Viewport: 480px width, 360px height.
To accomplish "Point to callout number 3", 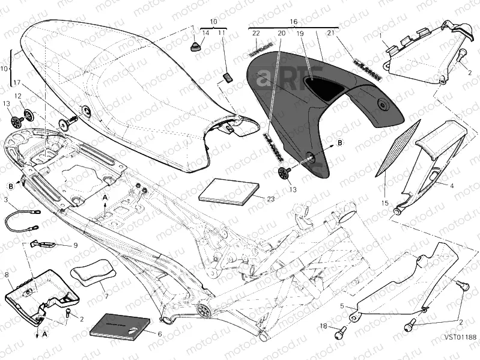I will pyautogui.click(x=5, y=199).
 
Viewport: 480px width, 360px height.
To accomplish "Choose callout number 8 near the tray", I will pyautogui.click(x=7, y=275).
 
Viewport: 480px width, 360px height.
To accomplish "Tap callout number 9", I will pyautogui.click(x=76, y=245).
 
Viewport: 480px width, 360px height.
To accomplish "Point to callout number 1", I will pyautogui.click(x=380, y=35).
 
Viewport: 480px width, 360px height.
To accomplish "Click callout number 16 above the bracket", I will pyautogui.click(x=294, y=21).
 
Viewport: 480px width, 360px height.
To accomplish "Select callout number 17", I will pyautogui.click(x=17, y=82).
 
